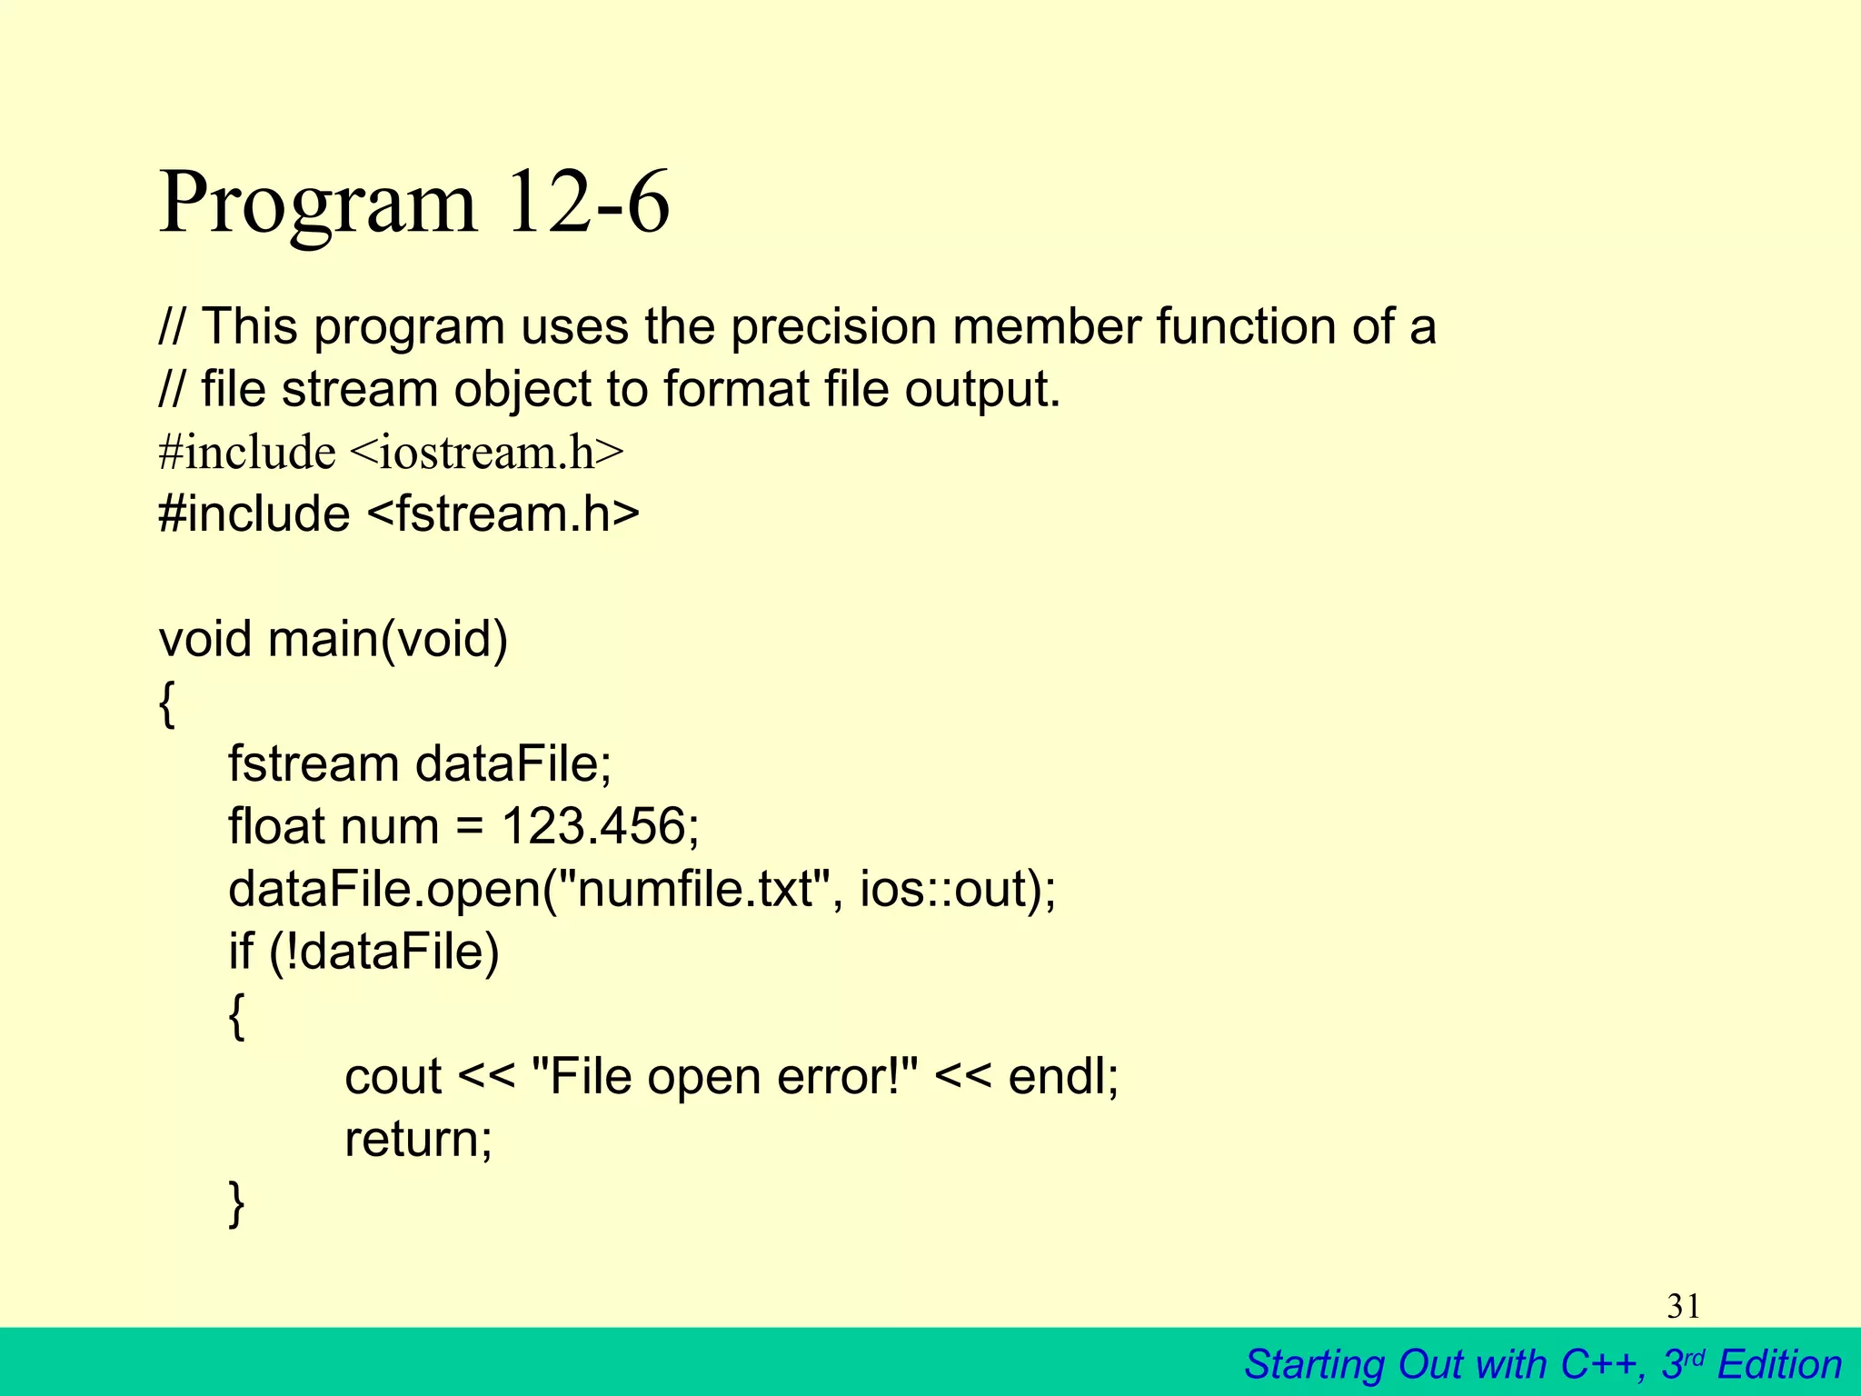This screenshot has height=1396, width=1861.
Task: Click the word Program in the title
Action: coord(317,204)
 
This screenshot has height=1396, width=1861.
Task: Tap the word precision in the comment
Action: coord(833,327)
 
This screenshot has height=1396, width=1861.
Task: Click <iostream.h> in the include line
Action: coord(486,452)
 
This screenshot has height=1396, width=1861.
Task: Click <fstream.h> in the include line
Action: coord(503,514)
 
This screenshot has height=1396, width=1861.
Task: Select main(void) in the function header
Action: coord(388,639)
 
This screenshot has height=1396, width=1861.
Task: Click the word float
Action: coord(276,826)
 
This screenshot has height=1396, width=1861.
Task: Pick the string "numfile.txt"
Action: coord(698,889)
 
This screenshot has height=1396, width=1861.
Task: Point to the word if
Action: coord(241,952)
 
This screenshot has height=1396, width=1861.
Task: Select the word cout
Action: coord(393,1077)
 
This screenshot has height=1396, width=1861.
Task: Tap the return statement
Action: coord(418,1139)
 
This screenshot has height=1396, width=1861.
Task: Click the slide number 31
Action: coord(1683,1307)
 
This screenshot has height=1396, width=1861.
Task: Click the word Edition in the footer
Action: coord(1779,1365)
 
